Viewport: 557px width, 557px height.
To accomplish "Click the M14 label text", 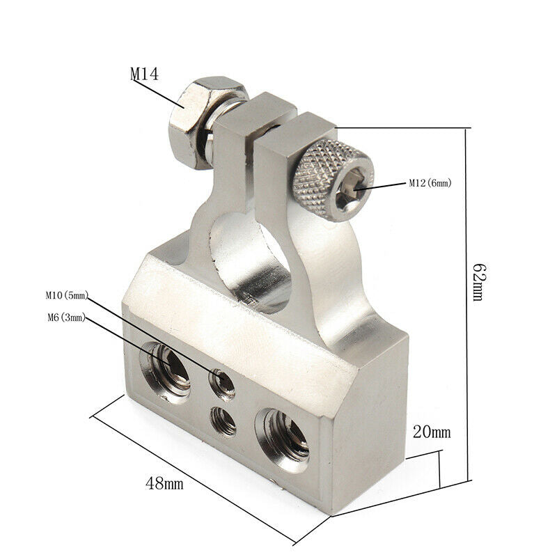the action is pyautogui.click(x=144, y=74).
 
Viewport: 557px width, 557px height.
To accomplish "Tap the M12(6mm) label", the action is pyautogui.click(x=430, y=183).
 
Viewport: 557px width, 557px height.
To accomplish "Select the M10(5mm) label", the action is pyautogui.click(x=67, y=295).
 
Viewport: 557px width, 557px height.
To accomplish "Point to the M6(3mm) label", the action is pyautogui.click(x=67, y=317).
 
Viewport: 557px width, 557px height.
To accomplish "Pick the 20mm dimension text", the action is pyautogui.click(x=432, y=432).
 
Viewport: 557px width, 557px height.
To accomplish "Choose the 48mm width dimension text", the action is pyautogui.click(x=164, y=483).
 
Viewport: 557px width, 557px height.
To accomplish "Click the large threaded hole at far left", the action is pyautogui.click(x=166, y=372).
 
